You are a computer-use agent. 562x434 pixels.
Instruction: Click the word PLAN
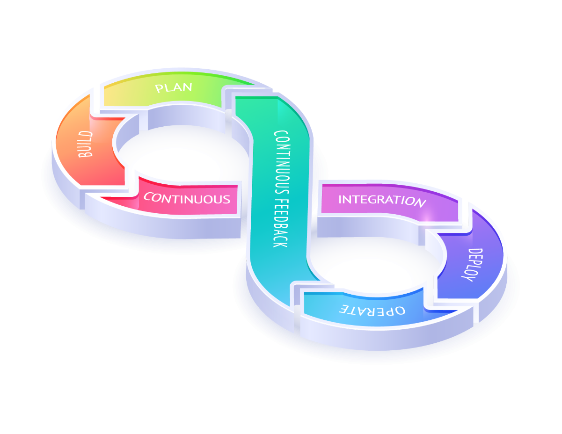tap(174, 87)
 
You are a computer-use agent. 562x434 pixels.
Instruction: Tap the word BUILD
tap(86, 144)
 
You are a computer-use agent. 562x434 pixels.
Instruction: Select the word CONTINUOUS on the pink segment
tap(187, 198)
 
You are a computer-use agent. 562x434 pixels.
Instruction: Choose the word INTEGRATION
tap(381, 200)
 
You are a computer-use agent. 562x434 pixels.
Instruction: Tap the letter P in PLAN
tap(159, 89)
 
